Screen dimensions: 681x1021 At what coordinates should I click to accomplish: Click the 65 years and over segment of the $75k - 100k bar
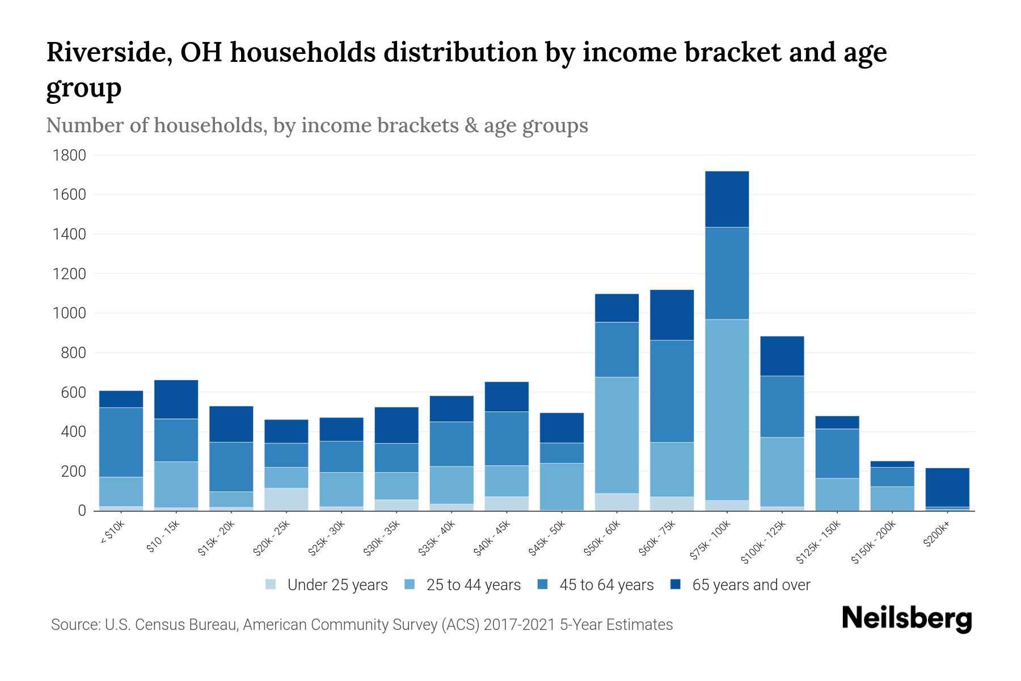[727, 199]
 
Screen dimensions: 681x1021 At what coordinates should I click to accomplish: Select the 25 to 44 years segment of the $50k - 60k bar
[617, 435]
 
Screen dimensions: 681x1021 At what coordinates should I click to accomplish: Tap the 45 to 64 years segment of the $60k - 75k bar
[672, 391]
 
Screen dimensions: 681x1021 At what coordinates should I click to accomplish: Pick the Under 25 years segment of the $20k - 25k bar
[286, 499]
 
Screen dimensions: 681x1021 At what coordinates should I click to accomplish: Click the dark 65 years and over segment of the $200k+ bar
[947, 487]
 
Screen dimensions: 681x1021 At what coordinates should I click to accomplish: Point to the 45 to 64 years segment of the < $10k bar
[121, 442]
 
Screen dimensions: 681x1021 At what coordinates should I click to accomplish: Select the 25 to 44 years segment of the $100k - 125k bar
[782, 472]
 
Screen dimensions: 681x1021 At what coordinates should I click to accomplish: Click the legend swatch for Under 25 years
[271, 585]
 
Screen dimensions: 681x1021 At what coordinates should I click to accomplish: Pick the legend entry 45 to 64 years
[606, 585]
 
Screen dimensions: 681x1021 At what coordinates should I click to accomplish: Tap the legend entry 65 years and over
[750, 585]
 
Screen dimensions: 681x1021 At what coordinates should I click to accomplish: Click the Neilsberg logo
[906, 619]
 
